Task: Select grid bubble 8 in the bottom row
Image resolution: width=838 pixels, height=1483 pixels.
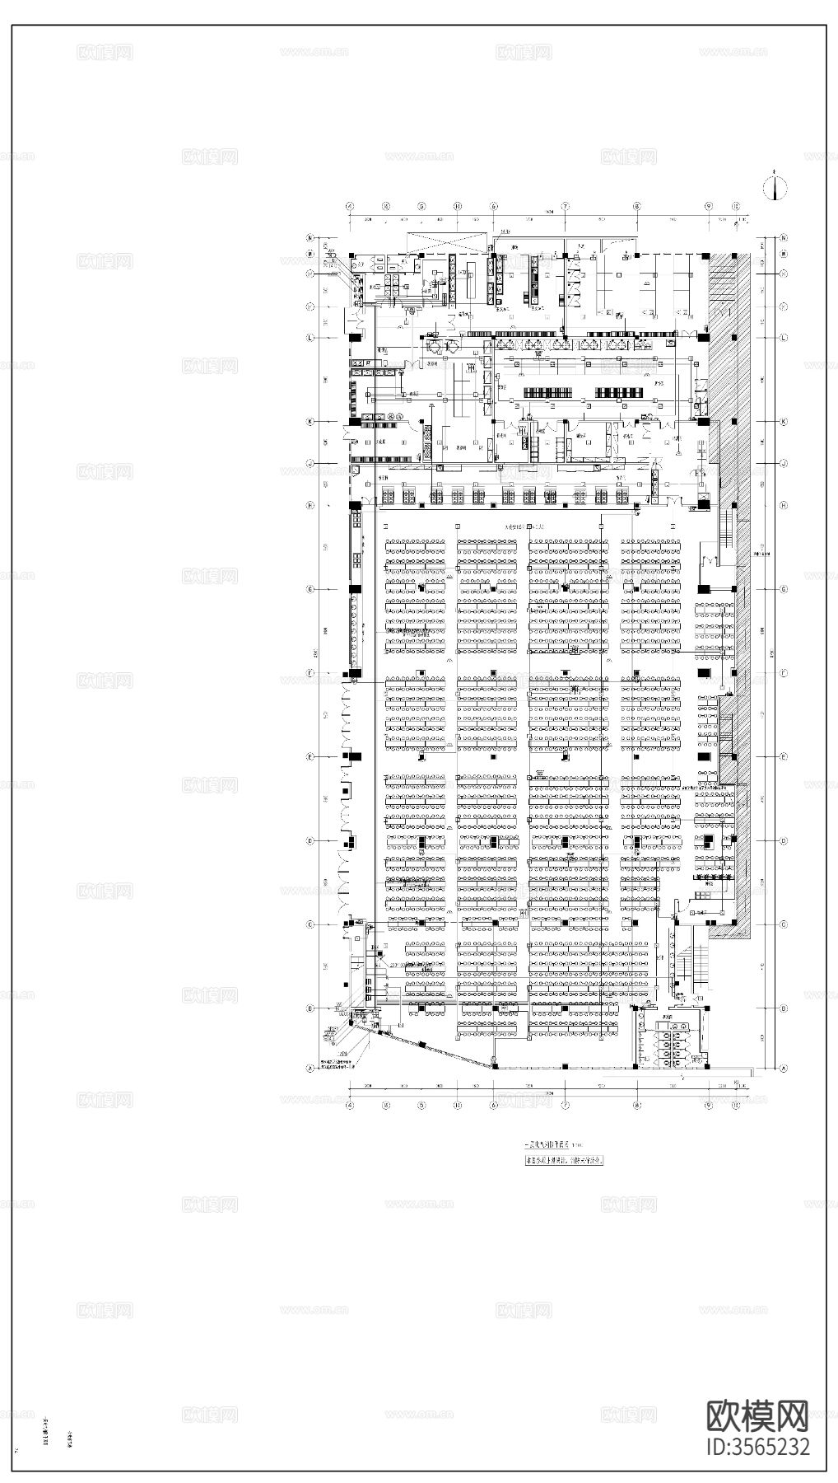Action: click(636, 1106)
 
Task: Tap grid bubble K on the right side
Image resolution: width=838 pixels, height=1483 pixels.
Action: click(784, 421)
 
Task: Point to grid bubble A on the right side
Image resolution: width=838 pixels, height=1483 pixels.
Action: click(784, 1068)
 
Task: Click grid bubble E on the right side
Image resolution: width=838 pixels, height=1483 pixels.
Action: click(784, 756)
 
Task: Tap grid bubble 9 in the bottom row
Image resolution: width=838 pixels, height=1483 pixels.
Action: click(707, 1106)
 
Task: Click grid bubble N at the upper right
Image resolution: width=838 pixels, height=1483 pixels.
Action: click(784, 238)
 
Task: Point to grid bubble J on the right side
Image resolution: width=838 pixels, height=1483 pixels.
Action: click(784, 463)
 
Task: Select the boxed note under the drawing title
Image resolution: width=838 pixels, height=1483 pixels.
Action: click(565, 1161)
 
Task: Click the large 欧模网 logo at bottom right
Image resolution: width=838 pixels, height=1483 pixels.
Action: click(758, 1415)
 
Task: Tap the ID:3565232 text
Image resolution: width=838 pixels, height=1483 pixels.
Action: click(758, 1447)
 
